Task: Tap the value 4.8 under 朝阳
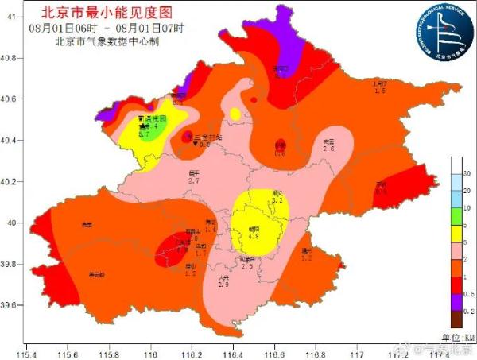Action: click(x=254, y=236)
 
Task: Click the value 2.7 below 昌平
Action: click(x=193, y=181)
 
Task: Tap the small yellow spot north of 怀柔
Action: click(x=235, y=114)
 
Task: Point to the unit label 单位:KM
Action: click(x=457, y=337)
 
